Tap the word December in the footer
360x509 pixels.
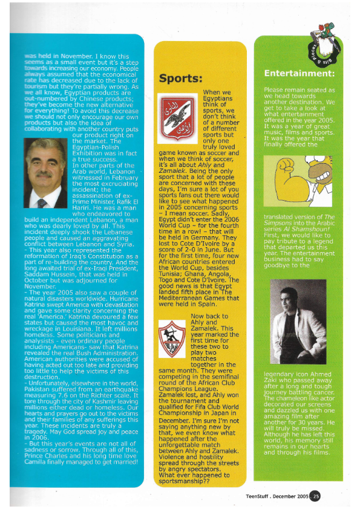pos(290,497)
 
